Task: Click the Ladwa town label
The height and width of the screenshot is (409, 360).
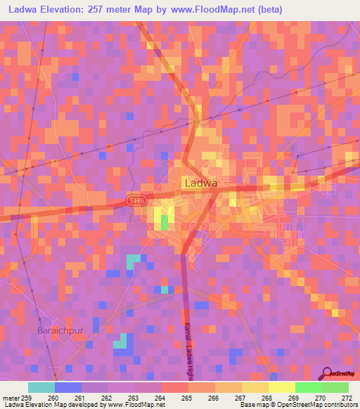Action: coord(200,183)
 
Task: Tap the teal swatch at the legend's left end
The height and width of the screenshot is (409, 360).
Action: coord(41,387)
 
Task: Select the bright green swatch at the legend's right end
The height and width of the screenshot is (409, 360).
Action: coord(335,387)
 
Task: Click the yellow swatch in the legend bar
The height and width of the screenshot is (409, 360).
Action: coord(281,387)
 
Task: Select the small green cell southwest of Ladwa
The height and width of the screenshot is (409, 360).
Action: coord(165,222)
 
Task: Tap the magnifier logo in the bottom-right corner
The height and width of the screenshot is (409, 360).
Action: coord(325,375)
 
